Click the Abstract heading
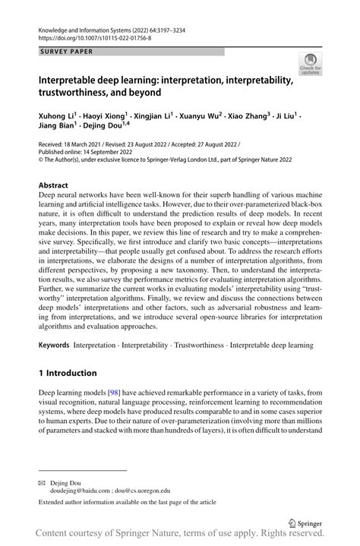(53, 185)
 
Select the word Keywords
(55, 345)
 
